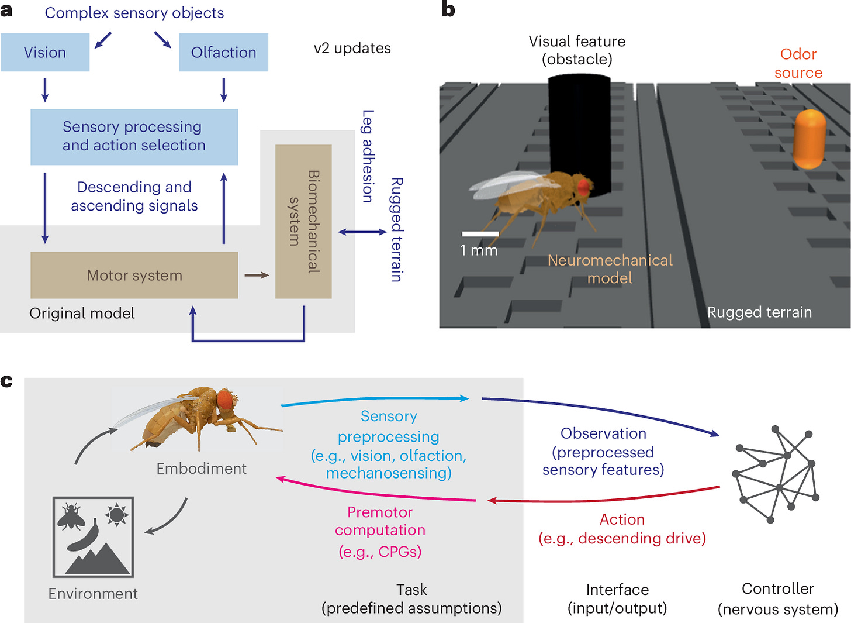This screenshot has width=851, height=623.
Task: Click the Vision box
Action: tap(45, 53)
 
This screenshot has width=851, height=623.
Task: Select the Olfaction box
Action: tap(223, 53)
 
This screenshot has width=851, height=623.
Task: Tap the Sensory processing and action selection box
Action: tap(134, 136)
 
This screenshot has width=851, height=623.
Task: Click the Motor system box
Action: tap(134, 276)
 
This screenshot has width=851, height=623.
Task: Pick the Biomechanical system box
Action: tap(303, 222)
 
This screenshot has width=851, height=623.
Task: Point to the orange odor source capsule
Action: tap(810, 139)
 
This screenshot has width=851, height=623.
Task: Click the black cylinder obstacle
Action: tap(579, 129)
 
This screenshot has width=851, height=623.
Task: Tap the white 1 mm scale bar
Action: tap(480, 234)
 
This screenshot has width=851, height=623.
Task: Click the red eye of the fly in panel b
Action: tap(584, 187)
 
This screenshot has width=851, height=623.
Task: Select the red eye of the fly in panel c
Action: tap(225, 400)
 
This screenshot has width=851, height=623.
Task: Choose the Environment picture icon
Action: tap(93, 536)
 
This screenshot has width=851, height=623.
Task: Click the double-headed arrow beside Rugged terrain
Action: tap(362, 232)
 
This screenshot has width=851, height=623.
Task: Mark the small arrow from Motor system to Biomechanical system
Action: tap(257, 275)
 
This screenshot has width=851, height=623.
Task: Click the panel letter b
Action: tap(448, 10)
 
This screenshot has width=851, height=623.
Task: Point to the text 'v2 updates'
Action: tap(352, 48)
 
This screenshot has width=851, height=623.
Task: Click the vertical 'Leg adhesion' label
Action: tap(368, 156)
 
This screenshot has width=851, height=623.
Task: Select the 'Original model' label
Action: tap(82, 314)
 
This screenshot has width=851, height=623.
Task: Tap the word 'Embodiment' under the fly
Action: tap(201, 469)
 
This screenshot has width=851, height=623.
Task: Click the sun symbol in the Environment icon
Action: tap(116, 515)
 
